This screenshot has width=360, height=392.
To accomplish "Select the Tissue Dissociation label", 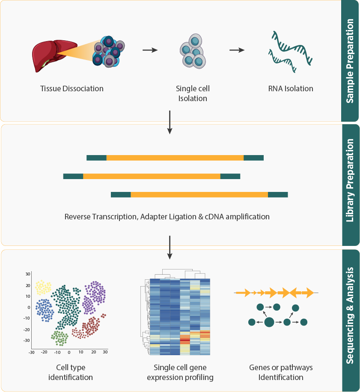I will [x=72, y=89].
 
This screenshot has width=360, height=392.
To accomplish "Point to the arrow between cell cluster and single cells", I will [x=150, y=50].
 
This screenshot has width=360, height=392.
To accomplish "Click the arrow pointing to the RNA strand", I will [x=237, y=50].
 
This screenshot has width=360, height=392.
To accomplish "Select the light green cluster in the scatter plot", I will [x=60, y=338].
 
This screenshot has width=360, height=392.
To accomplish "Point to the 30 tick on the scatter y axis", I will [x=28, y=274].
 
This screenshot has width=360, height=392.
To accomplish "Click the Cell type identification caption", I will [x=71, y=372].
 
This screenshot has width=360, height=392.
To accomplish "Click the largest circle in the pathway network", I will [x=269, y=322].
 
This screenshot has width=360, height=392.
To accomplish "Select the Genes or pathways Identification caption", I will [x=281, y=372].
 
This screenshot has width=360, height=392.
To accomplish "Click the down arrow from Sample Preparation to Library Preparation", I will [x=170, y=122].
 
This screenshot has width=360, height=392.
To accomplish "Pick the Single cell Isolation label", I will [x=193, y=93].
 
